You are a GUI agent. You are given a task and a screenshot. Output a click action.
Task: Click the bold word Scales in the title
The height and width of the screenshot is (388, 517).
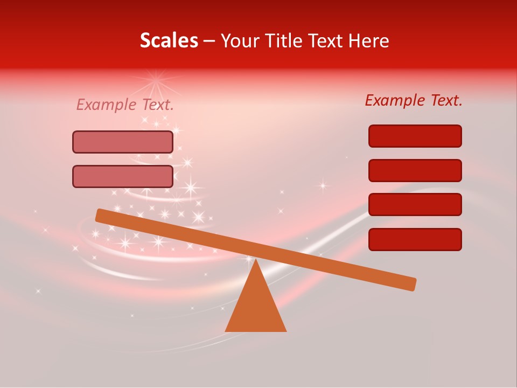pyautogui.click(x=169, y=40)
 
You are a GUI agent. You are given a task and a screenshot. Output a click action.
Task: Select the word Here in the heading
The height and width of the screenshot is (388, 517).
pyautogui.click(x=368, y=40)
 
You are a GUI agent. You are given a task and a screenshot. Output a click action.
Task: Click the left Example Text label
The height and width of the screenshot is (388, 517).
pyautogui.click(x=125, y=105)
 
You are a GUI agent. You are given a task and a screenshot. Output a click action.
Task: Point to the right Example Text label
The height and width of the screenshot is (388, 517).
pyautogui.click(x=414, y=100)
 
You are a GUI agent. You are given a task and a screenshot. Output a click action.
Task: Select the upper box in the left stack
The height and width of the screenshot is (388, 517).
pyautogui.click(x=123, y=142)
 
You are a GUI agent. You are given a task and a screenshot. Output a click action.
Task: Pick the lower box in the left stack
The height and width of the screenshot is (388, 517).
pyautogui.click(x=123, y=176)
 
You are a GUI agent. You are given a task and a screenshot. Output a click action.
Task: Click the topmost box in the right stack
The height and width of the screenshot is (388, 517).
pyautogui.click(x=415, y=136)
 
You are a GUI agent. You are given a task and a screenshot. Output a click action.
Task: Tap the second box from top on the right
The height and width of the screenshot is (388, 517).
pyautogui.click(x=415, y=170)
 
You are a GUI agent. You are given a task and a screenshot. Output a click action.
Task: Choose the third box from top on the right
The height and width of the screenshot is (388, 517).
pyautogui.click(x=415, y=205)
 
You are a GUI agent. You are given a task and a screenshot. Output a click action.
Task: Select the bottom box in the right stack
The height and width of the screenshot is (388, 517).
pyautogui.click(x=415, y=239)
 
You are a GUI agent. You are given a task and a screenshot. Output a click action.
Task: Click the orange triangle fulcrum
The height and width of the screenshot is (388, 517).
pyautogui.click(x=256, y=307)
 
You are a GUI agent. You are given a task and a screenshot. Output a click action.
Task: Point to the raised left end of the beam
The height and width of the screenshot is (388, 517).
pyautogui.click(x=100, y=215)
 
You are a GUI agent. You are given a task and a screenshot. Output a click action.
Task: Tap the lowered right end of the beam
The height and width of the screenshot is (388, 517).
pyautogui.click(x=411, y=284)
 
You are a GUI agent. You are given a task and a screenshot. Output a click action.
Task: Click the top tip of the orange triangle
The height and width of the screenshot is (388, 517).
pyautogui.click(x=256, y=260)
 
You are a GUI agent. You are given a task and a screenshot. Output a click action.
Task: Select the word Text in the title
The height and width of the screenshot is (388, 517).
pyautogui.click(x=329, y=40)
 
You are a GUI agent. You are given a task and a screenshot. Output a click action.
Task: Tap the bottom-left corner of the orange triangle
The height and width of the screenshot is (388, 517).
pyautogui.click(x=226, y=331)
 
